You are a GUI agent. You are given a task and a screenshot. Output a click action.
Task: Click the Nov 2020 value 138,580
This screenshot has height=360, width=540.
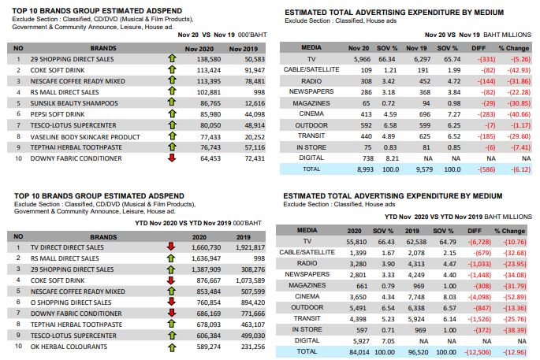coord(209,59)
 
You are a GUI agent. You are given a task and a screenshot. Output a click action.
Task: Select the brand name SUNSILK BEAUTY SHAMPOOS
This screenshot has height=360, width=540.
coord(74,103)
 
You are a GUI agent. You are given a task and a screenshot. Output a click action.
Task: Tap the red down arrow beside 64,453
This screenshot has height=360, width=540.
coord(172,158)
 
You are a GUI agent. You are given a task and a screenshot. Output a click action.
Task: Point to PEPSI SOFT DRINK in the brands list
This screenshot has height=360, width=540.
coord(58,114)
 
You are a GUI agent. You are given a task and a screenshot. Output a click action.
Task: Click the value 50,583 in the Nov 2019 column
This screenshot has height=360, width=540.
coord(255,59)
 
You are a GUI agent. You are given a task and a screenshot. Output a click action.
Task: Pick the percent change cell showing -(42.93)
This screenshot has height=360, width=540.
coord(519,70)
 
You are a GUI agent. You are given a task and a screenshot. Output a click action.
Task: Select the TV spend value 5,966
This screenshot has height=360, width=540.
coord(363,59)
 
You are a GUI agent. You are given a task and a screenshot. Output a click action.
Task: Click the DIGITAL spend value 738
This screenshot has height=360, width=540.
coord(368,158)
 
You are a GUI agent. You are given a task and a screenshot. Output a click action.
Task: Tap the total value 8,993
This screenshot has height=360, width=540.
coord(365,169)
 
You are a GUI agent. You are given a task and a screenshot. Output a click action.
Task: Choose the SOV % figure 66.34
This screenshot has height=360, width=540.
coord(387,59)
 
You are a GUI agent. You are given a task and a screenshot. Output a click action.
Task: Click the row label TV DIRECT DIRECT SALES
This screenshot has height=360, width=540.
coord(67,247)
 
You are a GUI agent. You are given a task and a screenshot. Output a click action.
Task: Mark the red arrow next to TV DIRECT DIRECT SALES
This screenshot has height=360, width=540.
coord(171,247)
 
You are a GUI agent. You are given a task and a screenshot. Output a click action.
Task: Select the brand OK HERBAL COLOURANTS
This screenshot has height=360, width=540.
coord(69,347)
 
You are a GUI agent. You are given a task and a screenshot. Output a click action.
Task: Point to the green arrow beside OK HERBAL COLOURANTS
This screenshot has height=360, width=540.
coord(172,347)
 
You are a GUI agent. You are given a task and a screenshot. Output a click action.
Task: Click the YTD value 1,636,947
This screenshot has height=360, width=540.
coord(206,258)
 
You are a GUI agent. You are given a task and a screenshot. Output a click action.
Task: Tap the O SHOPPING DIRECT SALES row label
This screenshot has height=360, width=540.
coord(71,302)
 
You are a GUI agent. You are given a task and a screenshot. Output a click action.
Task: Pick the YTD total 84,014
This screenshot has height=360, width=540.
coord(359,352)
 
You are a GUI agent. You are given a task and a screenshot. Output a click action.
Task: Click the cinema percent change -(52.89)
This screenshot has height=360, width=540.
coord(515,297)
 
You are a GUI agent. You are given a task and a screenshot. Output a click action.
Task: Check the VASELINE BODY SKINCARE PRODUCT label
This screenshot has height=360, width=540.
coord(85,137)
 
